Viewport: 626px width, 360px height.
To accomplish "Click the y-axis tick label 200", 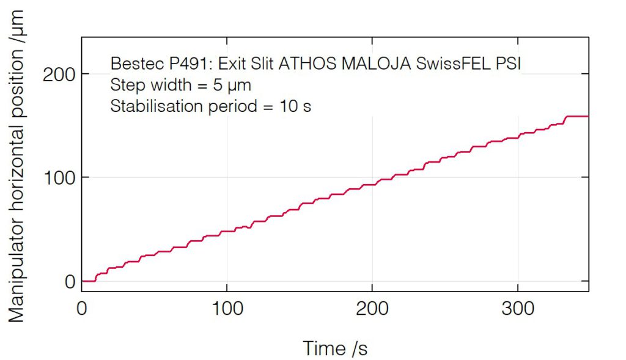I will click(x=59, y=74).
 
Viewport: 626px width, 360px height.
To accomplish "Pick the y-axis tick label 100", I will click(x=59, y=178).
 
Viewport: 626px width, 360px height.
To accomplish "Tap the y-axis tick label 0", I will click(x=69, y=282).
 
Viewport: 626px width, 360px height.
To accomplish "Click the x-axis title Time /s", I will click(x=335, y=348).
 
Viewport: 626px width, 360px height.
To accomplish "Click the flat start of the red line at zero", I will click(x=89, y=281).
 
